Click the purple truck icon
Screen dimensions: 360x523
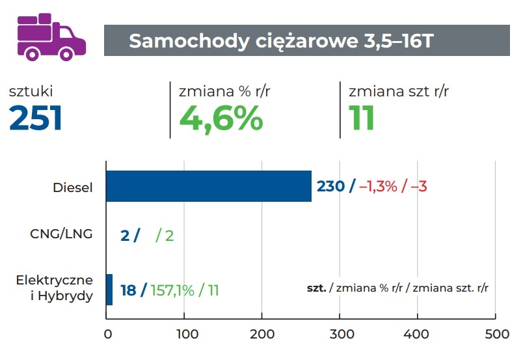[x=51, y=37]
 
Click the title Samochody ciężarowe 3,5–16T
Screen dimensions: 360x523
[x=280, y=41]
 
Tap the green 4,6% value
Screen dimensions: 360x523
[x=221, y=118]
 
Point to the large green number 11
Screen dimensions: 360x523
[x=362, y=118]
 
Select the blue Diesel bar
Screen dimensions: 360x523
[x=208, y=186]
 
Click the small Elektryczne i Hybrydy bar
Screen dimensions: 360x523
[x=109, y=290]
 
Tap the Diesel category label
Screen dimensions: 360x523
[x=73, y=187]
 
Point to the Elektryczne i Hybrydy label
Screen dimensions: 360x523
[x=55, y=288]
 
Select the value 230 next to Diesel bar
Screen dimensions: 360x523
[x=330, y=186]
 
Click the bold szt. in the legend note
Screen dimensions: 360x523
[x=316, y=287]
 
